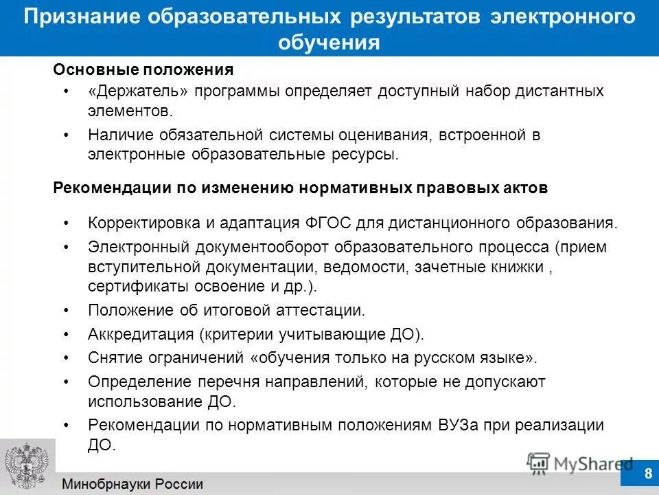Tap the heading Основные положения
(143, 70)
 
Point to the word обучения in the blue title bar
(329, 43)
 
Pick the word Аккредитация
(142, 335)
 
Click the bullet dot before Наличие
(66, 135)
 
